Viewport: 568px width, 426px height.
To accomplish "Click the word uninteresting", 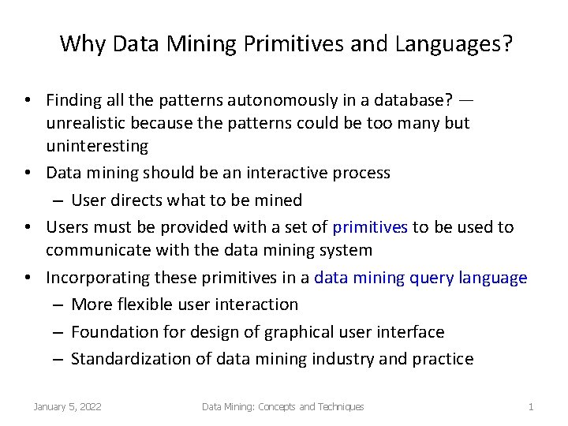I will coord(97,146).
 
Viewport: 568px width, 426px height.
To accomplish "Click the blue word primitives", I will coord(370,227).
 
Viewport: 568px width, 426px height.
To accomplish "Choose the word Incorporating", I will coord(97,278).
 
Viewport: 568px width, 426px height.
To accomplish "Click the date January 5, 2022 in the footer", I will coord(67,406).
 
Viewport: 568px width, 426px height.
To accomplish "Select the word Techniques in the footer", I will coord(340,406).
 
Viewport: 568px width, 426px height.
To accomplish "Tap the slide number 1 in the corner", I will coord(531,406).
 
